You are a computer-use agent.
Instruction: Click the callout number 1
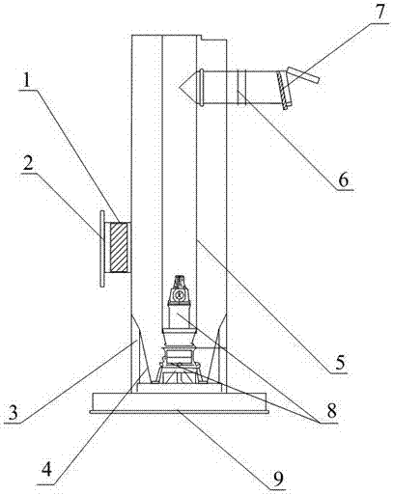27,81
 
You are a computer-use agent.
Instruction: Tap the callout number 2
29,164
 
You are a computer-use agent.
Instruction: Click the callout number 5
340,362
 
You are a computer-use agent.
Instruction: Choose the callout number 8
331,410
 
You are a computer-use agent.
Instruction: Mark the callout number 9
279,480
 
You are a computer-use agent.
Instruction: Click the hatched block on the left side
119,247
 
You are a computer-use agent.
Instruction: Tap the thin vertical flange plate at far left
102,248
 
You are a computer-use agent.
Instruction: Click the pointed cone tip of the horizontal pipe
178,87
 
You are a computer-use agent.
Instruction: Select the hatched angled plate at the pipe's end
283,89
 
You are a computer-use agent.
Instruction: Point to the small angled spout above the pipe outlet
303,75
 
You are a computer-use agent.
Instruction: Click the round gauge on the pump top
178,294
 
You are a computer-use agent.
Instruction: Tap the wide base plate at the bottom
179,401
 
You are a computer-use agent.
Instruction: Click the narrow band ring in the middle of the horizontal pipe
241,87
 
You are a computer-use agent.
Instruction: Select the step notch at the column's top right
201,38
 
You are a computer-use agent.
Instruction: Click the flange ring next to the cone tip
202,87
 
